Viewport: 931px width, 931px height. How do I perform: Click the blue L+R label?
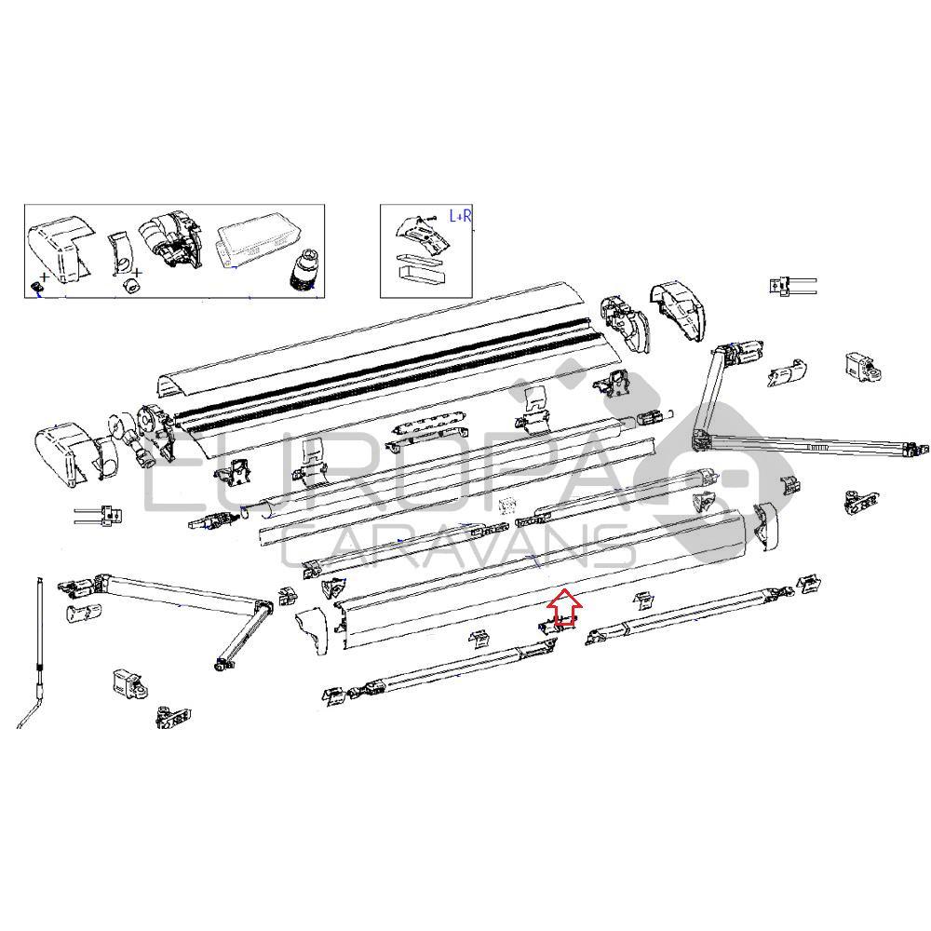(x=461, y=216)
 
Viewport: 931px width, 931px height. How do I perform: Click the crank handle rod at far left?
(x=39, y=652)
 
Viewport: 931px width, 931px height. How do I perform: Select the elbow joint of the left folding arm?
(x=263, y=608)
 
